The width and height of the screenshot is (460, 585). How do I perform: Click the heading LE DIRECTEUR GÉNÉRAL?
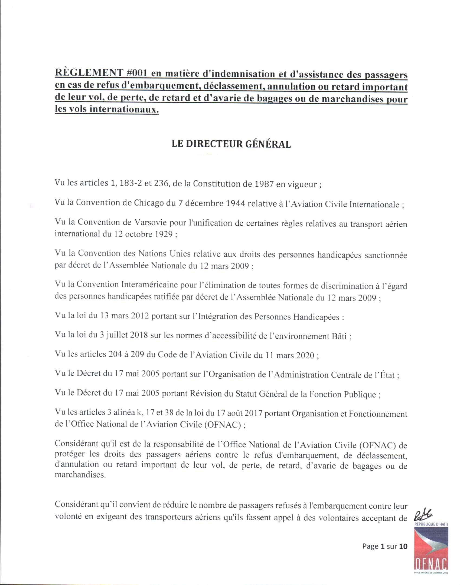[x=231, y=144]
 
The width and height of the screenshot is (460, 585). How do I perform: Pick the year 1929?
[x=162, y=234]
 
